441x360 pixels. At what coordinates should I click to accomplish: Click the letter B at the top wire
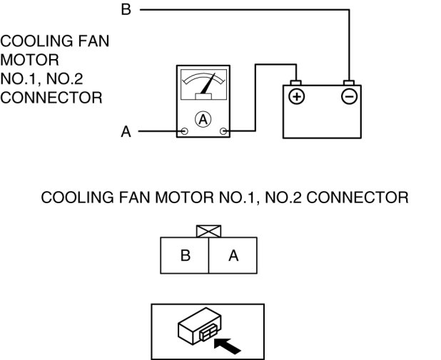[126, 10]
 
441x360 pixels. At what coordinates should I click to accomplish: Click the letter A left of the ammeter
[126, 132]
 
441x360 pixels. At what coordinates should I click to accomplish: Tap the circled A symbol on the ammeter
[203, 120]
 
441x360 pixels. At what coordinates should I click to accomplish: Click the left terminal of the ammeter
[184, 131]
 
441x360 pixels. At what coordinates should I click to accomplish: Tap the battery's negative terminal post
[349, 83]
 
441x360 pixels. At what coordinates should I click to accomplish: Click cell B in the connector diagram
[185, 255]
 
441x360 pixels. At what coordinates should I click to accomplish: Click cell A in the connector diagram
[233, 255]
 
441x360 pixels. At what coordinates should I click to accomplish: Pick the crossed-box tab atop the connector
[208, 232]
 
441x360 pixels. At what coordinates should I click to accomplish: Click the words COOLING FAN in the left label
[55, 41]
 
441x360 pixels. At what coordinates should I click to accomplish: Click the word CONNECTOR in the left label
[51, 96]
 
